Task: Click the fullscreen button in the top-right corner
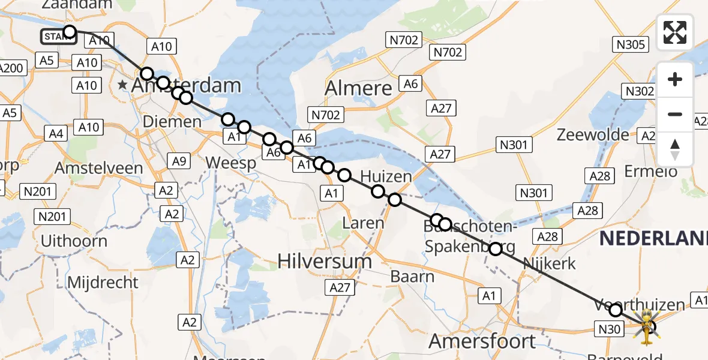click(x=675, y=32)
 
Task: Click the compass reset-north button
click(x=675, y=149)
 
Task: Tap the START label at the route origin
click(x=58, y=37)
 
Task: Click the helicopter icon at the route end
click(x=647, y=327)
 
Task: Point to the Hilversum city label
click(x=325, y=261)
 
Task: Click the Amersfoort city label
click(x=482, y=341)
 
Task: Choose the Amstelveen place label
click(x=93, y=167)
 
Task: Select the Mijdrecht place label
click(x=103, y=282)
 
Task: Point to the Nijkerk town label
click(x=549, y=263)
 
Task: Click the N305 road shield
click(x=629, y=44)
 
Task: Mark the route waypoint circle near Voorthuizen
click(x=615, y=310)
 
